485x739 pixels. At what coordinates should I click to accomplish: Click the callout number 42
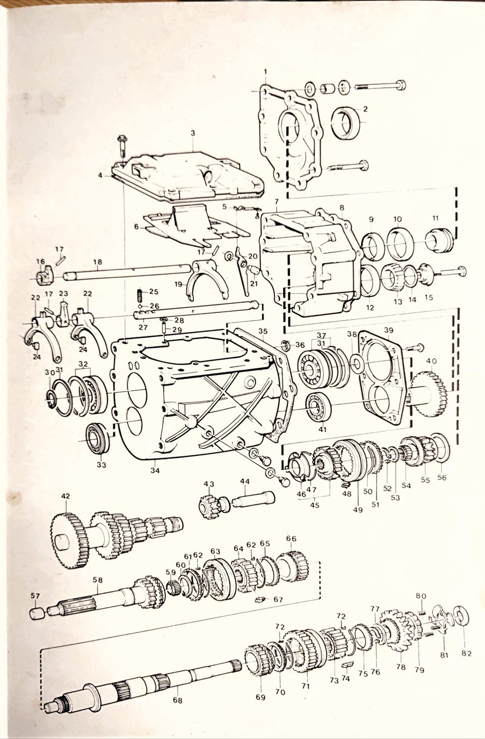click(66, 496)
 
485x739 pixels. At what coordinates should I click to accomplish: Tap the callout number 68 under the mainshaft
click(178, 700)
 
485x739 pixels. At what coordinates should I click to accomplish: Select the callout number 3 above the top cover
click(193, 133)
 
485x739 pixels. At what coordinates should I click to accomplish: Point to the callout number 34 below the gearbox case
click(155, 470)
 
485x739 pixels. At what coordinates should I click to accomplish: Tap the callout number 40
click(431, 361)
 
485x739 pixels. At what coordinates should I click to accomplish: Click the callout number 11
click(435, 218)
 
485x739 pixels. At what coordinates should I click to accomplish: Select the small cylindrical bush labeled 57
click(37, 614)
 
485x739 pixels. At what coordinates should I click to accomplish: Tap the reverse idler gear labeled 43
click(209, 506)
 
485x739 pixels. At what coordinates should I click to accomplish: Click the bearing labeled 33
click(98, 440)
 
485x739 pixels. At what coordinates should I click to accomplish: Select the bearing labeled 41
click(318, 407)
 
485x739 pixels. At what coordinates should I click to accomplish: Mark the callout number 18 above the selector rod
click(98, 261)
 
